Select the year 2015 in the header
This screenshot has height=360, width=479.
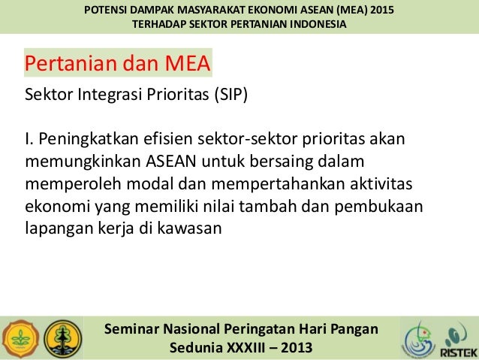click(378, 10)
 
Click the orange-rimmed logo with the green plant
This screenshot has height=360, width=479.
click(17, 338)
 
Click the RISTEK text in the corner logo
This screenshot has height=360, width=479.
click(457, 352)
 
